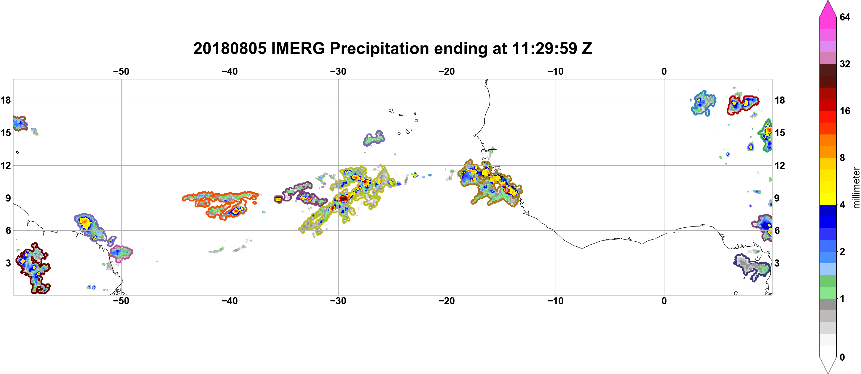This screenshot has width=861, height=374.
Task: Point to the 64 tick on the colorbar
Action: click(x=845, y=17)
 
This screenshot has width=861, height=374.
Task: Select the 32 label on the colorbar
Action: click(x=845, y=64)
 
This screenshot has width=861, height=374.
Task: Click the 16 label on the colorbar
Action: click(x=845, y=111)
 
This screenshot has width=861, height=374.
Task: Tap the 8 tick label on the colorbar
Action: click(x=842, y=158)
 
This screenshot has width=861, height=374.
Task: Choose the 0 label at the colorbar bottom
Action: click(x=842, y=357)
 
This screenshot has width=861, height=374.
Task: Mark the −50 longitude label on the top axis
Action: click(x=121, y=71)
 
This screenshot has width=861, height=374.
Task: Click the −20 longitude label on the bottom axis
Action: click(x=447, y=301)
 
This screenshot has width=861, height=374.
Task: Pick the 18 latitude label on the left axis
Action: click(x=6, y=100)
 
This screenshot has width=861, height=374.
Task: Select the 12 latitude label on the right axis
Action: click(x=780, y=165)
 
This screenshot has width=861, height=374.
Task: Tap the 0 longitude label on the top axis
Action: click(x=664, y=71)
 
